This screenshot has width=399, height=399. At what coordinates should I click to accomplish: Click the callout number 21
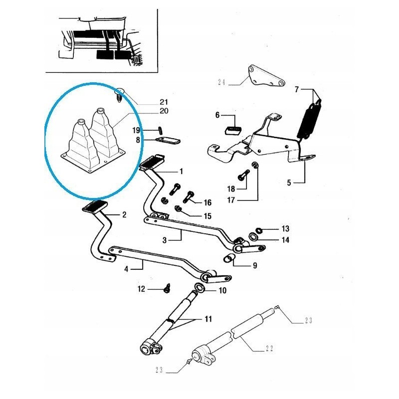pyautogui.click(x=164, y=102)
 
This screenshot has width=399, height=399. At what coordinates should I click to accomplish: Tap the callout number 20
pyautogui.click(x=164, y=111)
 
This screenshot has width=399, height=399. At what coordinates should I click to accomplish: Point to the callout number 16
pyautogui.click(x=207, y=202)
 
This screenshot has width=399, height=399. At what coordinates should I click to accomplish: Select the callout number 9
pyautogui.click(x=254, y=266)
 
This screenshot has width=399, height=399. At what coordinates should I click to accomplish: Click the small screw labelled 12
pyautogui.click(x=168, y=288)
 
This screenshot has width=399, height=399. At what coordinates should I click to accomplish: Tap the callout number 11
pyautogui.click(x=208, y=318)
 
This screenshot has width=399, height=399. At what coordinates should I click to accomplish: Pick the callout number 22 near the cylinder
pyautogui.click(x=269, y=350)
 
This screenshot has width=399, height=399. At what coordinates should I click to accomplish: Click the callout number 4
pyautogui.click(x=126, y=269)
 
